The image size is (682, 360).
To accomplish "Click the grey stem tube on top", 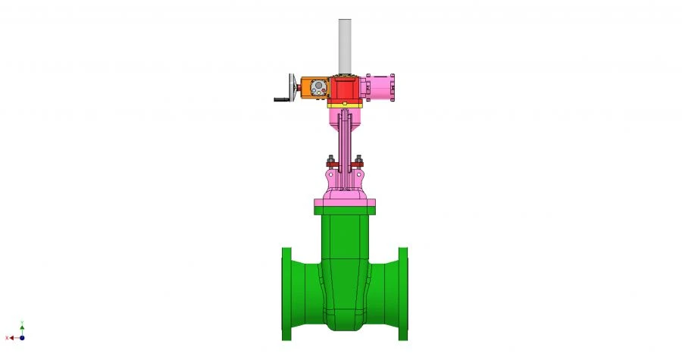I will pyautogui.click(x=345, y=45).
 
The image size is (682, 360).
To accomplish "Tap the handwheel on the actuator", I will pyautogui.click(x=293, y=86).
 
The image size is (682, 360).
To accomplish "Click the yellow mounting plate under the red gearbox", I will pyautogui.click(x=345, y=105).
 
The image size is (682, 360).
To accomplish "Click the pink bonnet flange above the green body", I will pyautogui.click(x=345, y=202).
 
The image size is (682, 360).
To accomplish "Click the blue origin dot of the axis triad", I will pyautogui.click(x=22, y=338).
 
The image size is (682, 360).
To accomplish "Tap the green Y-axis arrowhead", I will pyautogui.click(x=22, y=327).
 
